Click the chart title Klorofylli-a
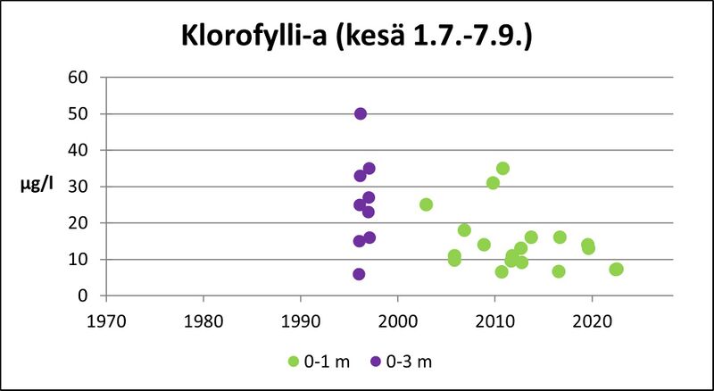(x=357, y=38)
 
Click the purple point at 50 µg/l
(x=361, y=113)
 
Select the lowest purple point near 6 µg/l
(x=359, y=274)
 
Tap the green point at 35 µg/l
(x=502, y=168)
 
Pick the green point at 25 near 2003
(x=426, y=204)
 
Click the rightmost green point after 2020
(x=616, y=269)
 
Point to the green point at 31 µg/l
(x=493, y=183)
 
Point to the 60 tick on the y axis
(x=78, y=77)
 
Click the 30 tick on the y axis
(x=78, y=187)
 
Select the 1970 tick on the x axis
(x=106, y=317)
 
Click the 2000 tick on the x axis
(x=397, y=317)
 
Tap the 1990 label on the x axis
(x=300, y=317)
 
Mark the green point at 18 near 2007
(x=464, y=230)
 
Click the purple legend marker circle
(x=376, y=361)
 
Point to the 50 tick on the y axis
(x=78, y=113)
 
